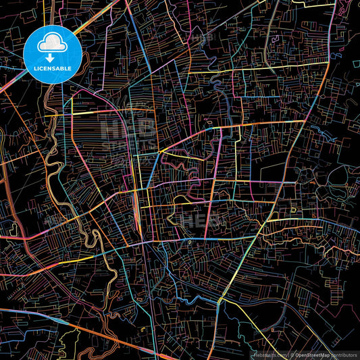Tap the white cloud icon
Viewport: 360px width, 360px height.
[52, 45]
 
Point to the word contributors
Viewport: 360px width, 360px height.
[344, 354]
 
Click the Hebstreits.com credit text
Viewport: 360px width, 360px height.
[269, 354]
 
